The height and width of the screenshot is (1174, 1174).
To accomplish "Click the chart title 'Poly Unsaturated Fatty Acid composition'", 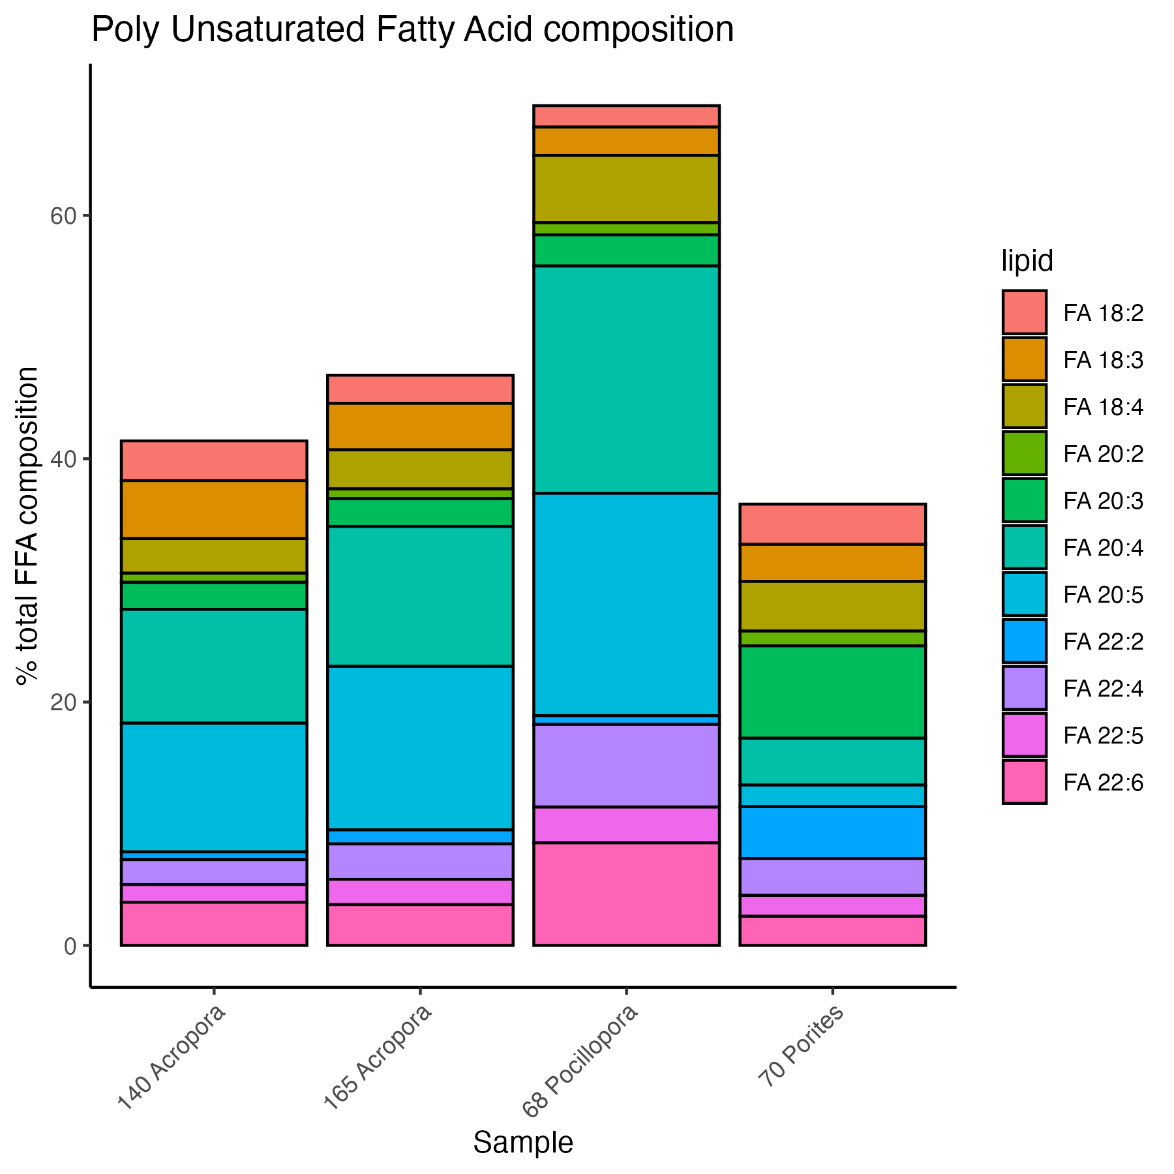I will (412, 30).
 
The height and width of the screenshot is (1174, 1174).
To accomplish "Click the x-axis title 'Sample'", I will (523, 1142).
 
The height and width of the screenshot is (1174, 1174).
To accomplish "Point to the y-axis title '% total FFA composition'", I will (27, 526).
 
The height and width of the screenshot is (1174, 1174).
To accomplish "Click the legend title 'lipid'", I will (1027, 262).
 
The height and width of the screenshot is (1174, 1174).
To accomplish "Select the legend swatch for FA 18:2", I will (1024, 312).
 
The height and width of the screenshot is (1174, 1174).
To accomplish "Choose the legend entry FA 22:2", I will (1102, 641).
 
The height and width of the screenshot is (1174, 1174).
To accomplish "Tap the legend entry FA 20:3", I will (1102, 501).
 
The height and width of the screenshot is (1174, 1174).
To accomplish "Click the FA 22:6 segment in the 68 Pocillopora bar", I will (626, 894).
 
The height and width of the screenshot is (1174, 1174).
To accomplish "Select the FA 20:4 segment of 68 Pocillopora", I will (626, 379).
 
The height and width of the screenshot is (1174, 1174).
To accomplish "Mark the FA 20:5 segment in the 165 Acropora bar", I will (420, 747).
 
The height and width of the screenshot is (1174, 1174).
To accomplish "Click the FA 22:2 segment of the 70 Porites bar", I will (832, 832).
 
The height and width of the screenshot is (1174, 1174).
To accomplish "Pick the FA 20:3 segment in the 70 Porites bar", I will (832, 691).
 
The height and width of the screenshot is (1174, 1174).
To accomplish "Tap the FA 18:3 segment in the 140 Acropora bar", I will (214, 509).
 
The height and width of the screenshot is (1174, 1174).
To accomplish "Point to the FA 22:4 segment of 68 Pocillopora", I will (626, 765).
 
